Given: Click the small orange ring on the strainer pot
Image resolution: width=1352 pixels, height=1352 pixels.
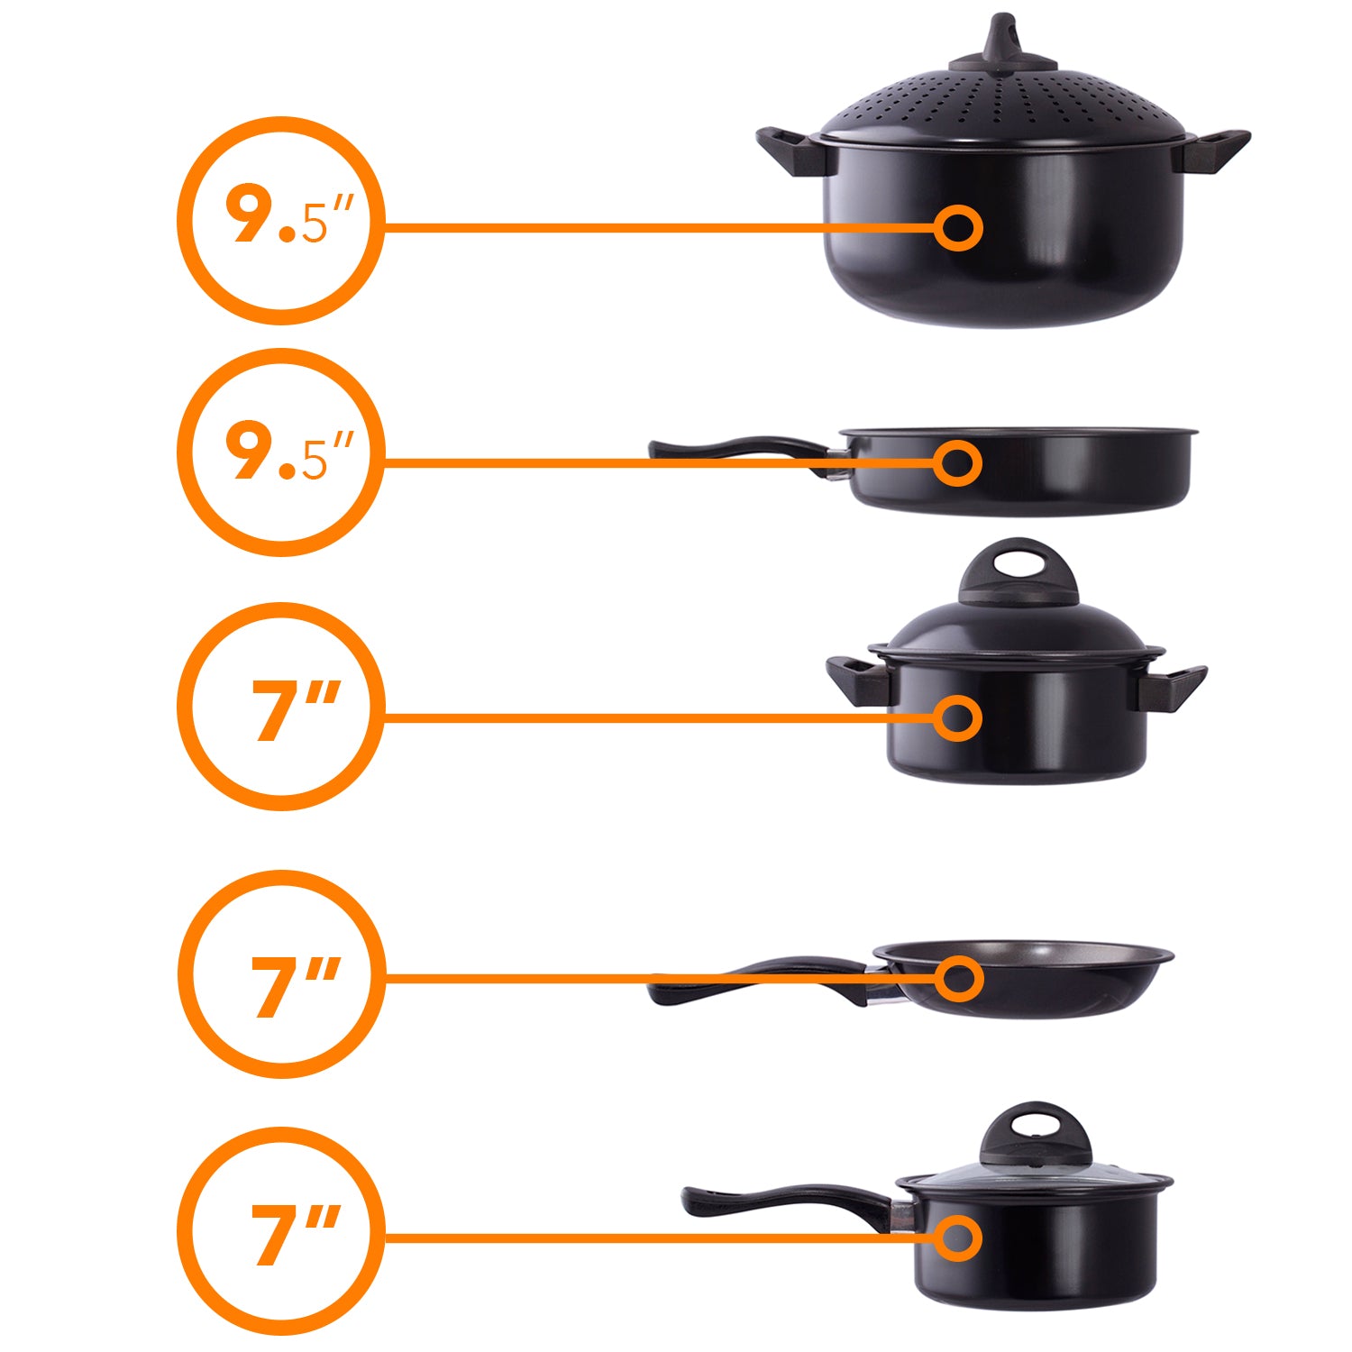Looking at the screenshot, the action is coord(957,227).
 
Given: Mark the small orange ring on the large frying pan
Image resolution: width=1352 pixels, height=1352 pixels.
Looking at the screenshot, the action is coord(957,463).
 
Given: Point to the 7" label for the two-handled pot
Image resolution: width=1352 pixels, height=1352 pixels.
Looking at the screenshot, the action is coord(296,710).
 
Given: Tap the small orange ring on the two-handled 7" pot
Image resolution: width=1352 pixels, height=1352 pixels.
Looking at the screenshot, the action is coord(957,718).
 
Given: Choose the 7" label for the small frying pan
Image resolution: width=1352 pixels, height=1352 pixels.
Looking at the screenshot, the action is coord(296,986).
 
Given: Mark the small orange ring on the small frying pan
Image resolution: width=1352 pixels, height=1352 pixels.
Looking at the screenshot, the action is coord(957,978).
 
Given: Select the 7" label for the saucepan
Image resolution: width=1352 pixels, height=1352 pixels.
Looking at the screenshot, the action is coord(296,1235).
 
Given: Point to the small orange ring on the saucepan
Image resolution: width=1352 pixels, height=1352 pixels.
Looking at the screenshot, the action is coord(957,1238).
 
